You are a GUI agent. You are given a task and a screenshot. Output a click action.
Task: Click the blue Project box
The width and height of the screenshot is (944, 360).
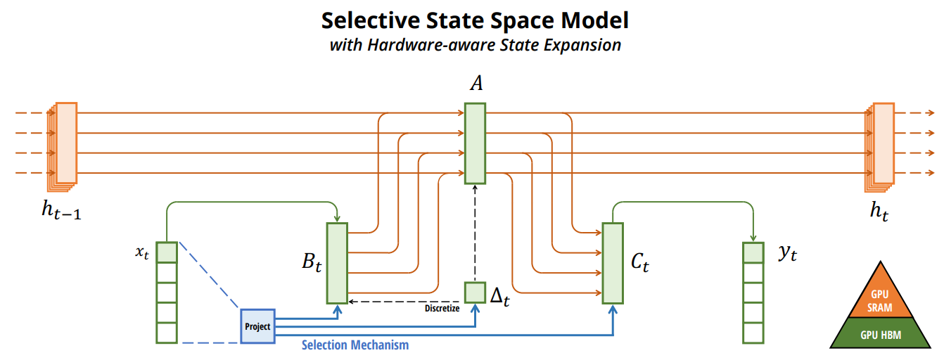coord(257,326)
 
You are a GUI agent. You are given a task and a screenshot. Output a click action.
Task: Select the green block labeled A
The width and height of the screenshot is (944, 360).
coord(475,143)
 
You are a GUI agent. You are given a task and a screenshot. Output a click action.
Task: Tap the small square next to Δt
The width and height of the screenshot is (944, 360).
coord(475,292)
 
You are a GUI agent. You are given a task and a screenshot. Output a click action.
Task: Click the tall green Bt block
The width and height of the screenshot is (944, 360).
coord(337,263)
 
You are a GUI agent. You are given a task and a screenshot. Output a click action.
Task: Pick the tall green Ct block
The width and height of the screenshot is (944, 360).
coord(613,263)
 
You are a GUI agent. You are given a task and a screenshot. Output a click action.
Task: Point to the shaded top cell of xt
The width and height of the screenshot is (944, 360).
coord(167,252)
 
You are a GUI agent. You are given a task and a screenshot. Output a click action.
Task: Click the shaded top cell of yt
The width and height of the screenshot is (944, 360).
coord(753,252)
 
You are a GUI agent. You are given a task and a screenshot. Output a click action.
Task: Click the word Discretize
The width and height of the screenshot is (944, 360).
coord(442,309)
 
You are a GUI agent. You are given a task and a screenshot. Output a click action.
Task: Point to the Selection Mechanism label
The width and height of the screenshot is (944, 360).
coord(355,345)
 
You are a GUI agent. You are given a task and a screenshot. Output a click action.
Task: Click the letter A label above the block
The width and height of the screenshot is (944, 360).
coord(476,84)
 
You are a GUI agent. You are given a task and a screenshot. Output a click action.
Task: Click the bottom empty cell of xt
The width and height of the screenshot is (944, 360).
coord(167,332)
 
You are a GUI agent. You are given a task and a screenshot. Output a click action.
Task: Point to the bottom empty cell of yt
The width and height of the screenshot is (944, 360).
coord(753,332)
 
